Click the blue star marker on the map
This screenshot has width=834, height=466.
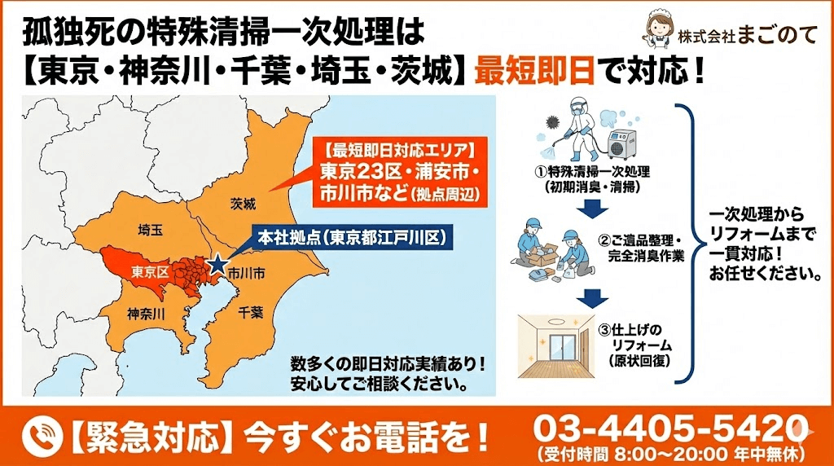coord(217,265)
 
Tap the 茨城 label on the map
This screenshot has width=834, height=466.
coord(243,203)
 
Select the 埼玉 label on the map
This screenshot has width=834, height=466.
coord(151,230)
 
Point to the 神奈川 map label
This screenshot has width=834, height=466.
coord(147,314)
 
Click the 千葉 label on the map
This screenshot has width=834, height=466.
coord(251,311)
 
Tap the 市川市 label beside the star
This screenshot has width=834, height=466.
coord(246,272)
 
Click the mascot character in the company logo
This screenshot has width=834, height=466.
coord(656,29)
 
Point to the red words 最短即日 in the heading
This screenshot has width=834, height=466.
coord(534,72)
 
